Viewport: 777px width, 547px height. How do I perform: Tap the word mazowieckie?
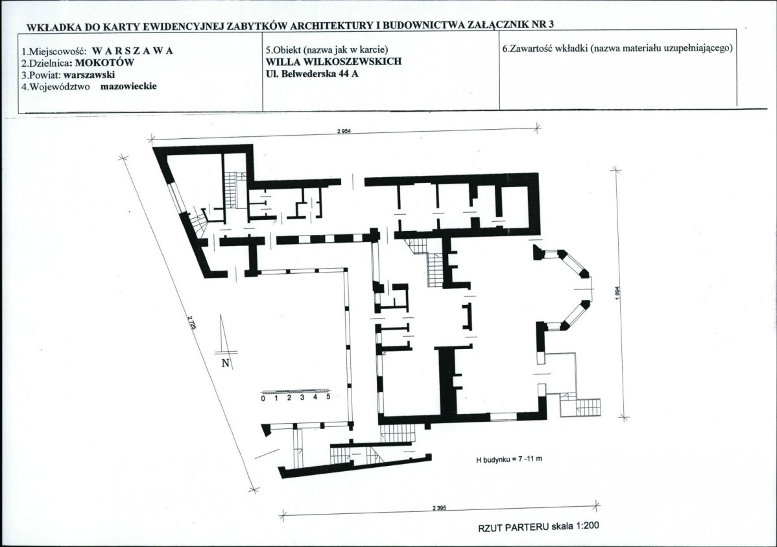[x=128, y=86]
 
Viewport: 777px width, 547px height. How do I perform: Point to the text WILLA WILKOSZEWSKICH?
[x=333, y=62]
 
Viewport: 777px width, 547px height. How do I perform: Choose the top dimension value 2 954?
[x=343, y=132]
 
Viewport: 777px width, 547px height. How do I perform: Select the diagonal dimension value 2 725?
[x=192, y=325]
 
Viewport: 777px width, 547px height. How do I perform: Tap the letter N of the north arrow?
[x=226, y=363]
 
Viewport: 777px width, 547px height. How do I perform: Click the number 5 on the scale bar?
[x=328, y=397]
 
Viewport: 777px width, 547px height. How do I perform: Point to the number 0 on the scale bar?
[x=263, y=398]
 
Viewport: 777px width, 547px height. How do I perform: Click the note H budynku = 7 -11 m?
[x=509, y=459]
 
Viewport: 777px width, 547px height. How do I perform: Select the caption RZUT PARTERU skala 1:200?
[x=538, y=527]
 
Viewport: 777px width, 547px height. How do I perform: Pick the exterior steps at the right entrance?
[x=589, y=407]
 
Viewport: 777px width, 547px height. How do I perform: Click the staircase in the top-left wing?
[x=232, y=191]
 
